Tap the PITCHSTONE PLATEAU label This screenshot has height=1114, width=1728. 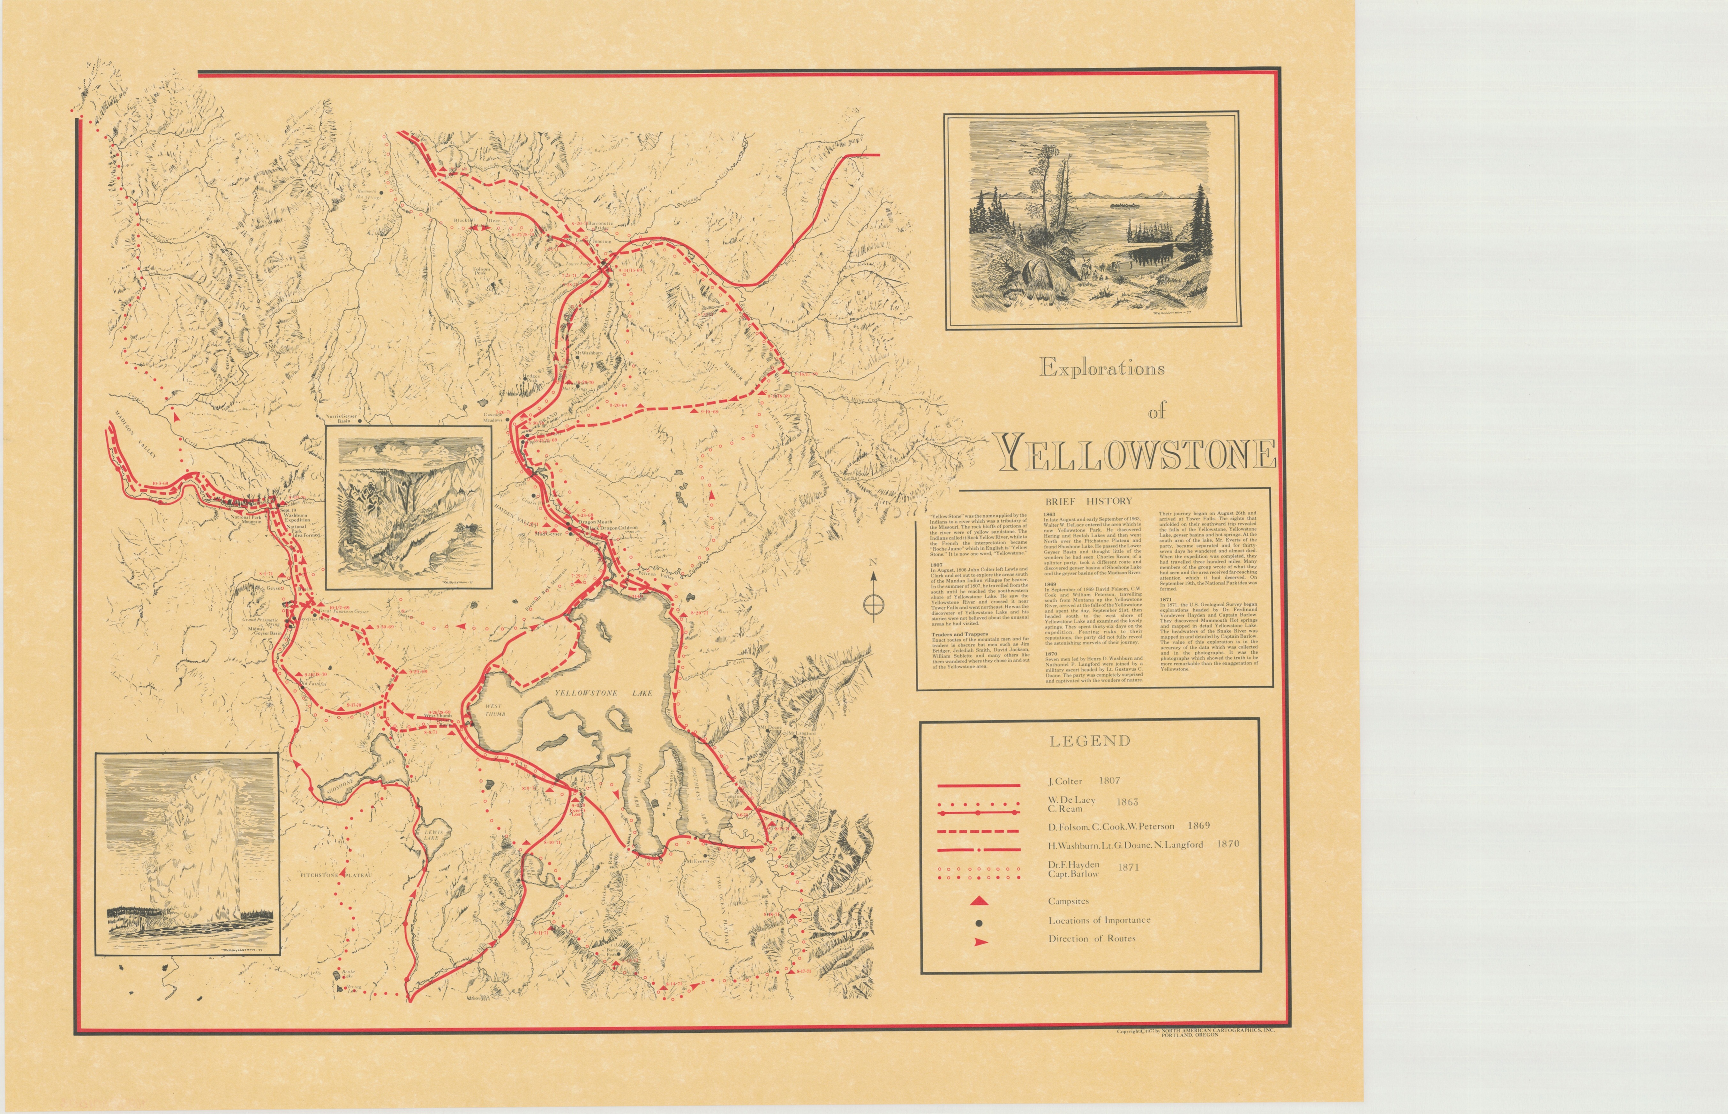click(336, 875)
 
